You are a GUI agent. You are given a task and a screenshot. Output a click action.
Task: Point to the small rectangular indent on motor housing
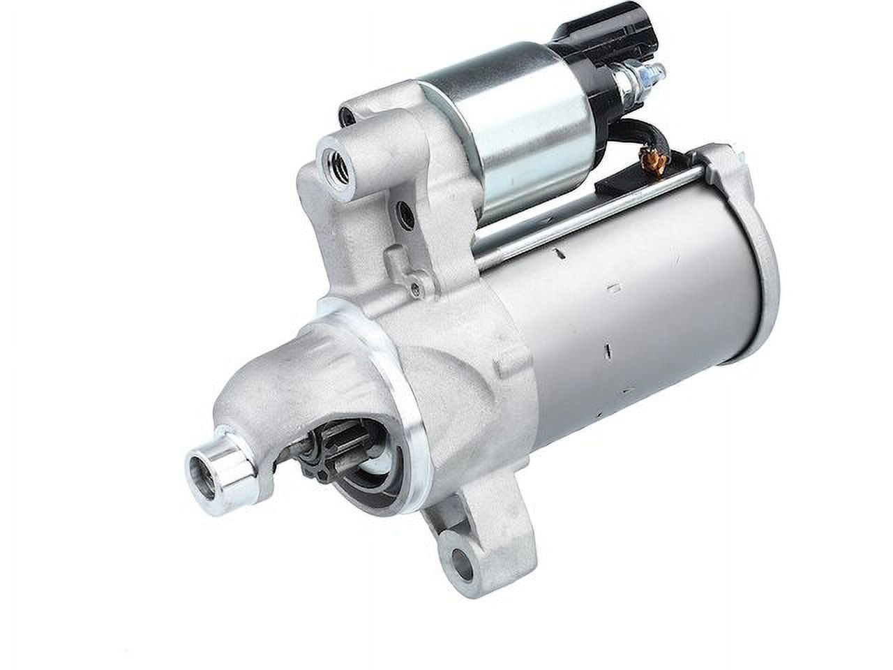[x=615, y=286]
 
